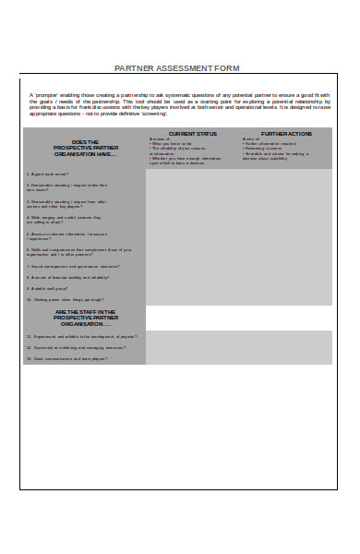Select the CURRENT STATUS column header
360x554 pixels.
pos(193,134)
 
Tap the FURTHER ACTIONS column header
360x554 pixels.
pos(286,134)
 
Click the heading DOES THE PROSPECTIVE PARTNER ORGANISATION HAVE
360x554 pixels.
pos(84,148)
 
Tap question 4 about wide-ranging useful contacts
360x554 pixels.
pos(65,219)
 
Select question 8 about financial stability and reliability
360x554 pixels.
pos(70,277)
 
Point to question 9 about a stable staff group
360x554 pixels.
pos(51,288)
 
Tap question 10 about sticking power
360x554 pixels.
pos(65,299)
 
